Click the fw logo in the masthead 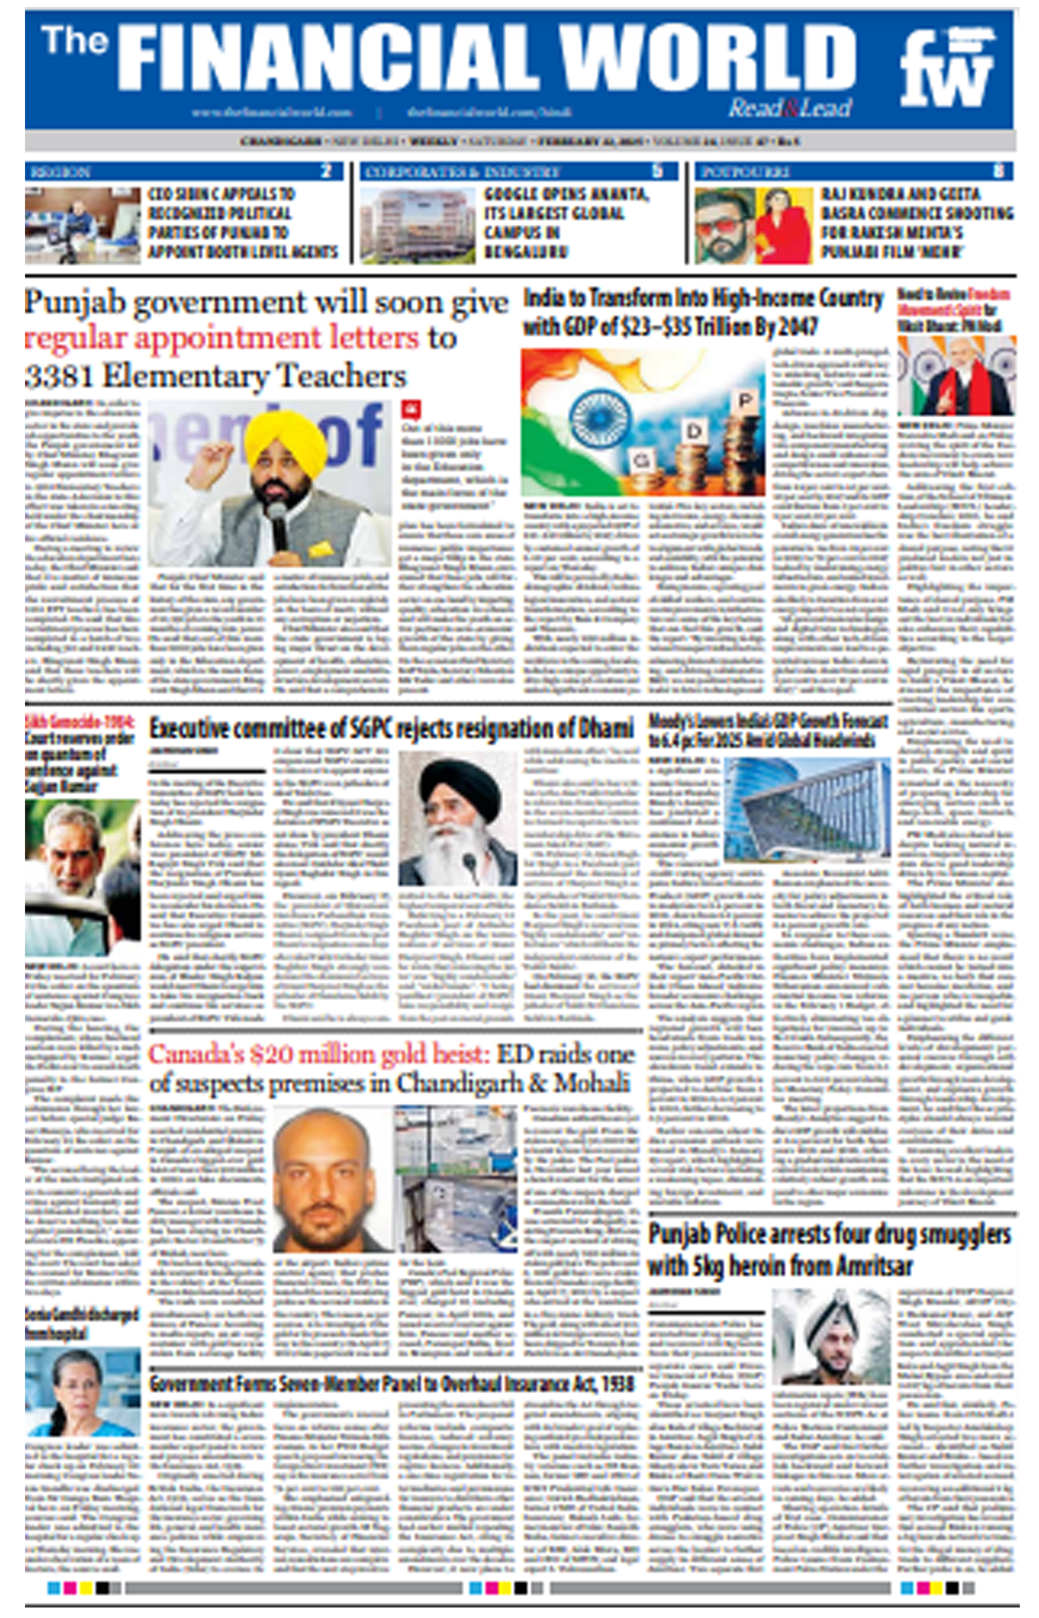947,67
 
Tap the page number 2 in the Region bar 326,170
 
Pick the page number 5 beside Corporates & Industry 658,170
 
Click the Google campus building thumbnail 418,225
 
